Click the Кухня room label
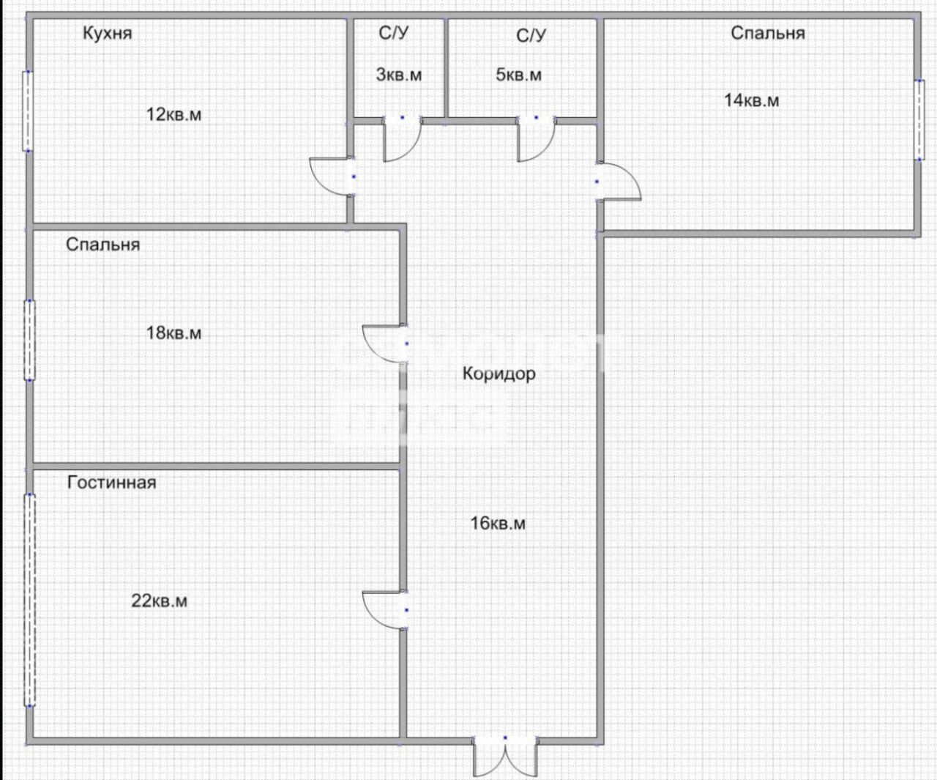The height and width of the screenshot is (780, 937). (x=107, y=34)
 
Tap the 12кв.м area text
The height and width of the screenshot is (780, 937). (x=173, y=115)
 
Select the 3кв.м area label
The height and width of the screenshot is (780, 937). (x=399, y=75)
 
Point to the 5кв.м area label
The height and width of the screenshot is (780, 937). (x=519, y=75)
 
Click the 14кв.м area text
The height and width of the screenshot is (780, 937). (x=752, y=100)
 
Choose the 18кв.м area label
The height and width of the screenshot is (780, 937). (x=173, y=333)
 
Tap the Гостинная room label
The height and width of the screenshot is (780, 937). (x=111, y=483)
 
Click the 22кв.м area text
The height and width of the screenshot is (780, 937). (x=160, y=601)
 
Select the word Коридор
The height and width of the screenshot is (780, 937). (x=499, y=374)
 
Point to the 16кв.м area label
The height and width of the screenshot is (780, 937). (x=498, y=524)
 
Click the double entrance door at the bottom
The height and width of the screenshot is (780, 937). (x=505, y=757)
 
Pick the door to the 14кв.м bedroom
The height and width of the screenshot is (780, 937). (x=619, y=181)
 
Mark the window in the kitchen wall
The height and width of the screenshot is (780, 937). (x=28, y=111)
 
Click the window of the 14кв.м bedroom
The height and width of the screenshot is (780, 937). (x=919, y=119)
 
